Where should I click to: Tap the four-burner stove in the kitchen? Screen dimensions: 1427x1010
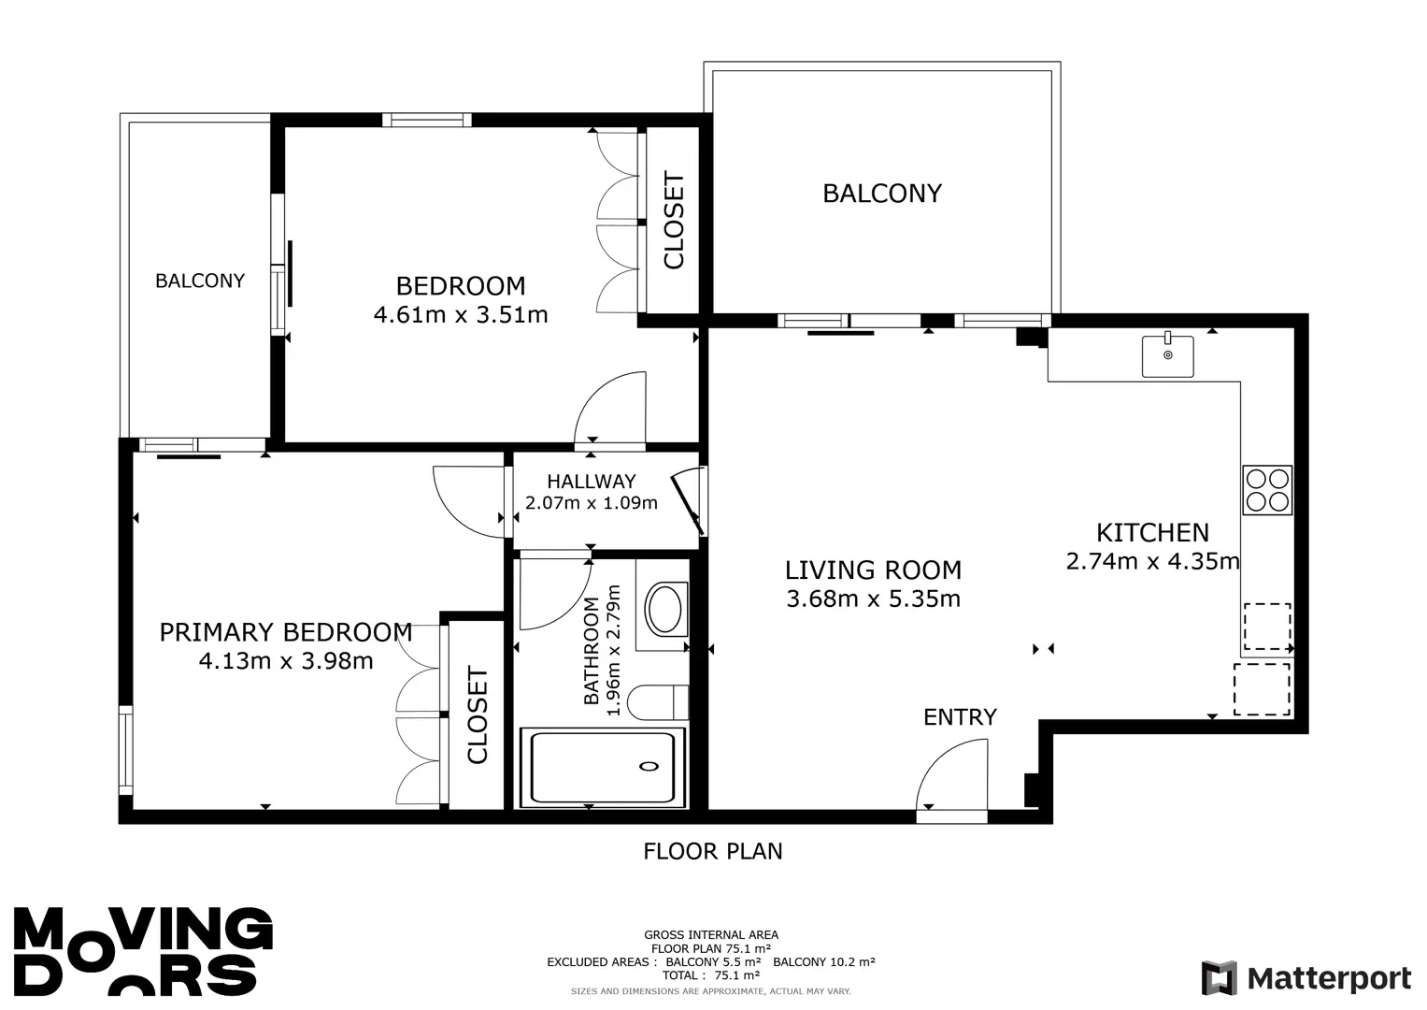tap(1267, 490)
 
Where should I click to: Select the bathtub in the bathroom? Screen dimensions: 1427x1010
tap(603, 768)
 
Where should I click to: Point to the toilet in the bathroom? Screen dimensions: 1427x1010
tap(658, 702)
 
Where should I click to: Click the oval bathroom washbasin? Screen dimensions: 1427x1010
tap(665, 609)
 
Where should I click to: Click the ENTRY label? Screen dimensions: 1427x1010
tap(960, 717)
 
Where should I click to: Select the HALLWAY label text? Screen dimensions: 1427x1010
tap(592, 482)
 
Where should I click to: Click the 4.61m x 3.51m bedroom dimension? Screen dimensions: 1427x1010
tap(461, 315)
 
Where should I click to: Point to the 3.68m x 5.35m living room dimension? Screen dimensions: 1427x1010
tap(874, 599)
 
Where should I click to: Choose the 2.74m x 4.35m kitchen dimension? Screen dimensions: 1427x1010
tap(1152, 562)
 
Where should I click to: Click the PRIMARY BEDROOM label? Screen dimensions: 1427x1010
tap(286, 632)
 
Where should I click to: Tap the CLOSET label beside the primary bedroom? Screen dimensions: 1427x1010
tap(478, 714)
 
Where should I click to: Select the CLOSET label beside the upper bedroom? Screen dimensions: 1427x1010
tap(674, 220)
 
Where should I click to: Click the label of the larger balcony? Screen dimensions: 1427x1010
tap(882, 194)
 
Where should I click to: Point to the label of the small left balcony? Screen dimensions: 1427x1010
tap(200, 281)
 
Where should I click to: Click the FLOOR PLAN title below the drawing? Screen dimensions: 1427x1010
tap(713, 851)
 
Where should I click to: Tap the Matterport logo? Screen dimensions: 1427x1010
tap(1306, 978)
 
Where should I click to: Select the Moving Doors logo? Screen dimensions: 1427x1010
tap(143, 951)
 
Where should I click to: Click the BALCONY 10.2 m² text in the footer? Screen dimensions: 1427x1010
tap(824, 961)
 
